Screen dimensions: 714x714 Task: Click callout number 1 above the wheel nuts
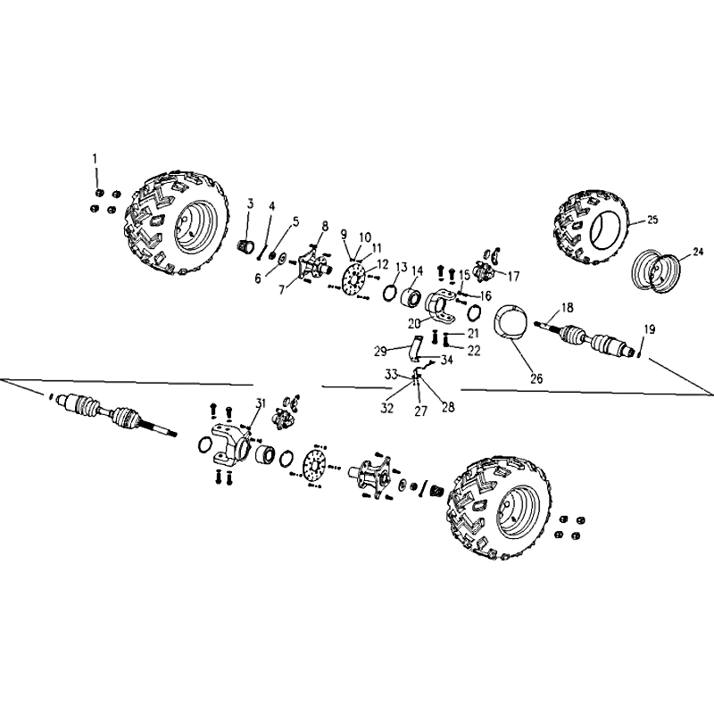click(x=95, y=159)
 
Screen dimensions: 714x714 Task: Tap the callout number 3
click(x=251, y=203)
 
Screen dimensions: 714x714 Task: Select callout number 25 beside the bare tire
click(x=652, y=220)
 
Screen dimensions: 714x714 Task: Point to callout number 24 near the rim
click(x=698, y=252)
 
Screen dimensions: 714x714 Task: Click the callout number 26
click(x=537, y=378)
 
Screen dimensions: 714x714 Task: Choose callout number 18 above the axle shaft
click(x=568, y=307)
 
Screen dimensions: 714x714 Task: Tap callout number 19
click(x=650, y=328)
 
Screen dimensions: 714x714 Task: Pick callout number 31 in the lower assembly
click(x=260, y=403)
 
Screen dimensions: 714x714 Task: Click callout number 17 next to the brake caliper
click(x=513, y=276)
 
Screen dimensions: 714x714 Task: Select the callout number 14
click(x=417, y=271)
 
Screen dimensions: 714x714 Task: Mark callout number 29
click(x=380, y=351)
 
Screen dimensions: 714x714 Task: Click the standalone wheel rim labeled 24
click(x=656, y=271)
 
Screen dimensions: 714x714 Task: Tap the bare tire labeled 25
click(x=593, y=228)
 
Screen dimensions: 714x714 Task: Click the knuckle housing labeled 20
click(x=440, y=303)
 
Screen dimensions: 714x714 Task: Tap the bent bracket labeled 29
click(x=416, y=349)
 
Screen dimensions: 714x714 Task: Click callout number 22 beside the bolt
click(x=474, y=350)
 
